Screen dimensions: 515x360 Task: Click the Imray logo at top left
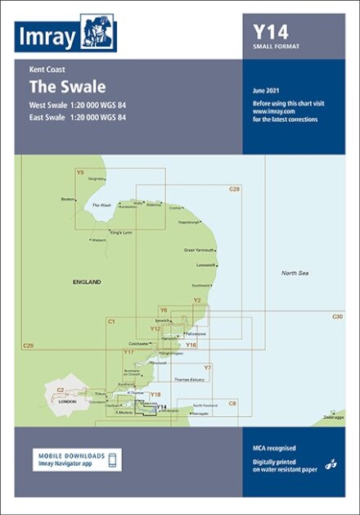click(65, 34)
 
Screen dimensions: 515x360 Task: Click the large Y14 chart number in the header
click(271, 32)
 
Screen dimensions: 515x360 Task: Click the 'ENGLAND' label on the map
click(86, 282)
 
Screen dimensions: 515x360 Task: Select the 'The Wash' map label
click(101, 205)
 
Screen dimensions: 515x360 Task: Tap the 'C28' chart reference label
click(234, 189)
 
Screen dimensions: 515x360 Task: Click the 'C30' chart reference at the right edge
click(338, 316)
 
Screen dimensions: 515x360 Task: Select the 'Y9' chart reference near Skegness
click(79, 173)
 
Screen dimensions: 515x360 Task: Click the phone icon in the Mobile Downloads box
click(114, 459)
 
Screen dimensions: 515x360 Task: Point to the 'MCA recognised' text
click(274, 448)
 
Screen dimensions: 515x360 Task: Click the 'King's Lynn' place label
click(121, 233)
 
